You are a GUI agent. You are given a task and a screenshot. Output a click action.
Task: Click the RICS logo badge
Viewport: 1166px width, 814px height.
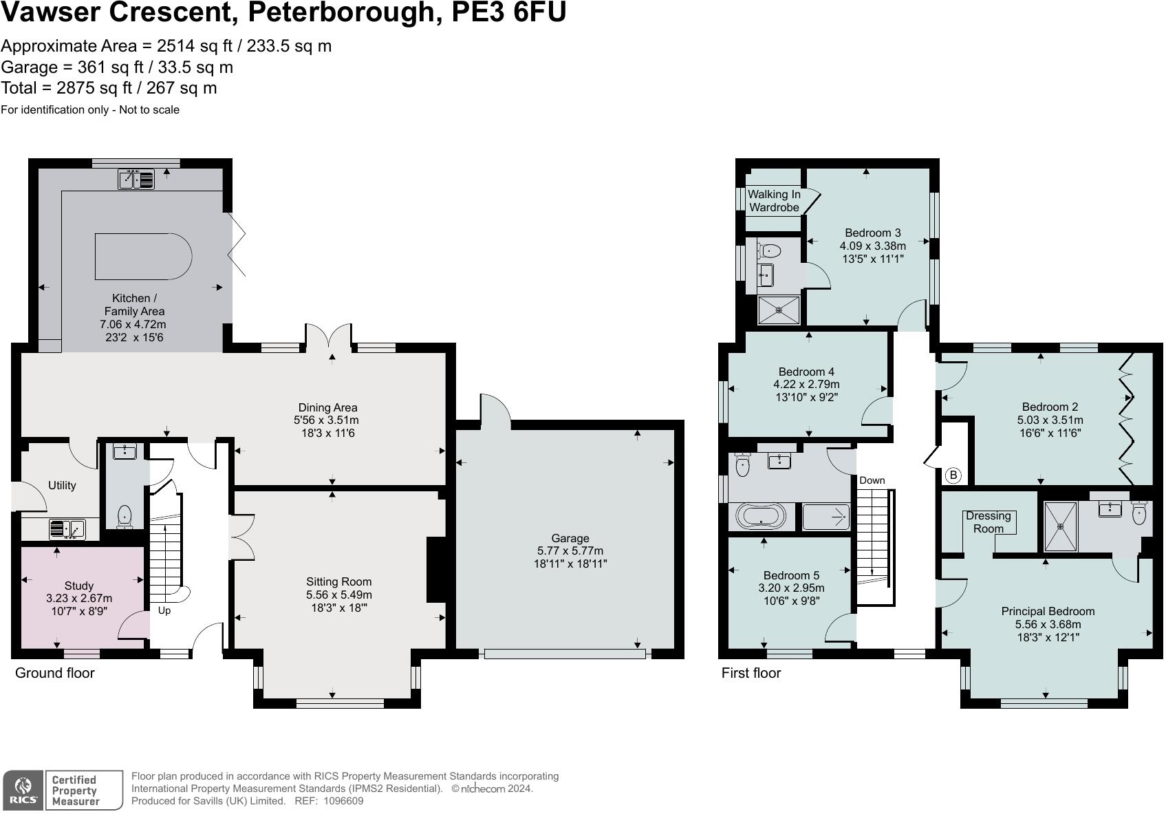(x=23, y=791)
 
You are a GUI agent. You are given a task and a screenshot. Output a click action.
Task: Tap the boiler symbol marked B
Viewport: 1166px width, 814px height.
(x=953, y=475)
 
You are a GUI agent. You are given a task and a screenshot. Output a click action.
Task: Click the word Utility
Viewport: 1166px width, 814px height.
(x=62, y=485)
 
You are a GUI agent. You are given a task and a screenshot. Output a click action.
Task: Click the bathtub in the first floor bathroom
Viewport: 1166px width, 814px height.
(x=761, y=516)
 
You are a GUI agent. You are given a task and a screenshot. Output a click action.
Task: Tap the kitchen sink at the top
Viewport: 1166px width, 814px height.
(x=136, y=179)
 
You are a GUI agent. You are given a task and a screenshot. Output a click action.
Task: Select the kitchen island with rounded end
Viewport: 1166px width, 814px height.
(x=143, y=256)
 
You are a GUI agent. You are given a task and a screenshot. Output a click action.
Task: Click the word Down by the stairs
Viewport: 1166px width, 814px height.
(x=872, y=480)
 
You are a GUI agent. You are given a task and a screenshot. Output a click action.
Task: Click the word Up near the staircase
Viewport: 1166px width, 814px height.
(x=164, y=610)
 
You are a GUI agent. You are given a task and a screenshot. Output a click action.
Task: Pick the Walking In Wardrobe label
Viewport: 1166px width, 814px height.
(x=774, y=200)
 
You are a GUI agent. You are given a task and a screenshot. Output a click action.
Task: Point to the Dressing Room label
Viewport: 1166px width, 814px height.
(x=988, y=522)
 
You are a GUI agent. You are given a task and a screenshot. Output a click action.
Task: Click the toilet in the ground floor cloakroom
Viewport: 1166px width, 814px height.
(x=125, y=516)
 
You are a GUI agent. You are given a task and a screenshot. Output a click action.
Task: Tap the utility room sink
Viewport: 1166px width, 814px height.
(x=67, y=530)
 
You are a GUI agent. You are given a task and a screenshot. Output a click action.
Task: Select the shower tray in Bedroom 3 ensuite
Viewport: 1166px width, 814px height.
(x=779, y=310)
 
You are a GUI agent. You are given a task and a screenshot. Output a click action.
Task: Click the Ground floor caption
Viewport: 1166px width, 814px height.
(x=54, y=673)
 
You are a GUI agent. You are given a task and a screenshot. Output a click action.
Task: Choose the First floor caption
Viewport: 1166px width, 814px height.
(x=751, y=673)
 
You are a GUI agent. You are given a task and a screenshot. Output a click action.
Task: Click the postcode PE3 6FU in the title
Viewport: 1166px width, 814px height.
(x=508, y=12)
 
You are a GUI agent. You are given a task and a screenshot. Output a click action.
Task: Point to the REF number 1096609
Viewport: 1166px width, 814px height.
(x=343, y=801)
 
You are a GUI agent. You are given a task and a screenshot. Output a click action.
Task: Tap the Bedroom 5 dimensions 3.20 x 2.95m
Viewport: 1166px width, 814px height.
(x=791, y=588)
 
